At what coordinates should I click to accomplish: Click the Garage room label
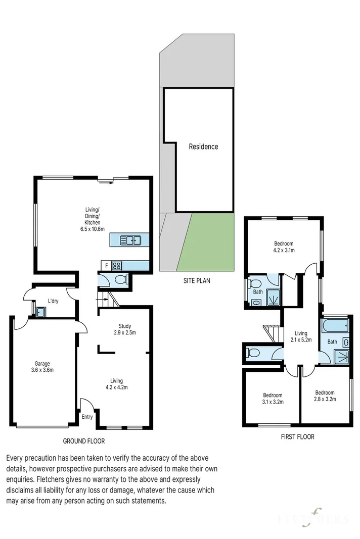(x=42, y=367)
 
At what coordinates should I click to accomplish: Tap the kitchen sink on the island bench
(x=130, y=240)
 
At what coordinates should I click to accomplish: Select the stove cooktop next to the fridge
(x=117, y=266)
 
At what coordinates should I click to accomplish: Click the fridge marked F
(x=106, y=266)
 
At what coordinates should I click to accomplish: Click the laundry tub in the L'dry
(x=40, y=312)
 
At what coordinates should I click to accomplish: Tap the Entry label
(x=87, y=417)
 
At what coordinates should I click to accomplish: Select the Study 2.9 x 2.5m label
(x=124, y=329)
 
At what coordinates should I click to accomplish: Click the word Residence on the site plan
(x=203, y=147)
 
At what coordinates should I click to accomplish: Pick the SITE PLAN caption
(x=197, y=280)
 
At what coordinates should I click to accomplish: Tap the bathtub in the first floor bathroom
(x=335, y=325)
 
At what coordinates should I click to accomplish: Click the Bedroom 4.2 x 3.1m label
(x=284, y=247)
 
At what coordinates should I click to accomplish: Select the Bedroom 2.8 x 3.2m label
(x=325, y=396)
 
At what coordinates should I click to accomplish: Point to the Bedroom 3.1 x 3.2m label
(x=273, y=399)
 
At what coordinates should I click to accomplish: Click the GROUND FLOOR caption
(x=83, y=441)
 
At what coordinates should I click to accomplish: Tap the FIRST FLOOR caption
(x=297, y=437)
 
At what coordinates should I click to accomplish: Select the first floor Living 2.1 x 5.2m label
(x=301, y=336)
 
